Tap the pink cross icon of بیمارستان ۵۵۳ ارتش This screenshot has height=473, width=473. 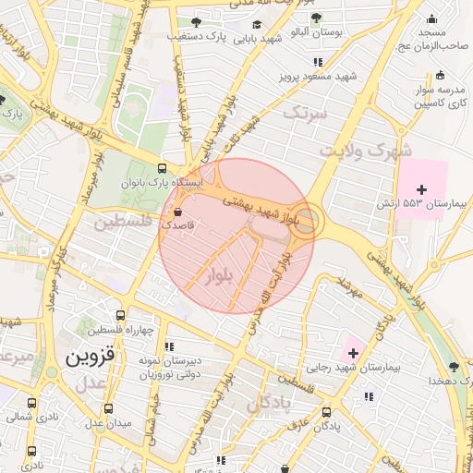pos(422,188)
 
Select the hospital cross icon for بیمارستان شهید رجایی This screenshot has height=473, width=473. pos(353,353)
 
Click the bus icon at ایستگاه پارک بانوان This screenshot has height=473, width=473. pos(162,168)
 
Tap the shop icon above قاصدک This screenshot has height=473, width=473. pos(178,211)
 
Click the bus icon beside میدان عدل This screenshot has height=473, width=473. pos(108,408)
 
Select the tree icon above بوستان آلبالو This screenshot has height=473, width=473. pos(316,18)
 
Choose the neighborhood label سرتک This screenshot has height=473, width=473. pos(305,114)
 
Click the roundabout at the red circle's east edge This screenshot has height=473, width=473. pos(309,222)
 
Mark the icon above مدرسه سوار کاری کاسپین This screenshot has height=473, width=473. pos(440,75)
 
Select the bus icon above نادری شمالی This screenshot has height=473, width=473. pos(32,404)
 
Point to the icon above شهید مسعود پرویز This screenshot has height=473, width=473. pos(319,62)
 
